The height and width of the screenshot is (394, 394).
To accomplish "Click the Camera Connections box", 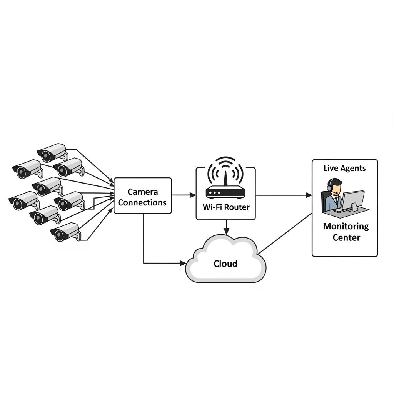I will tap(143, 195).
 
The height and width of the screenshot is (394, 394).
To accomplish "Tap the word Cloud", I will tap(225, 264).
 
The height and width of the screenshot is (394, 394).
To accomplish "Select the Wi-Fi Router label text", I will tap(226, 207).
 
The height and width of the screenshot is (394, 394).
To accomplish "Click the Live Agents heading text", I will tap(344, 168).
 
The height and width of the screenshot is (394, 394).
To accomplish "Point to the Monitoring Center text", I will tap(346, 232).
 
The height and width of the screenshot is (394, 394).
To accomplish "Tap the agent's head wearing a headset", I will tap(334, 187).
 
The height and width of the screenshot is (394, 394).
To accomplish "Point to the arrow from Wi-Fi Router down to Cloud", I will tap(226, 227).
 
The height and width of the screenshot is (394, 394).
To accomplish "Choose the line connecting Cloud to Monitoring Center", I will tap(285, 234).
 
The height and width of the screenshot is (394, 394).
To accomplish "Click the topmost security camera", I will tap(52, 152).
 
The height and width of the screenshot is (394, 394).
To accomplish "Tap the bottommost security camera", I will tap(65, 232).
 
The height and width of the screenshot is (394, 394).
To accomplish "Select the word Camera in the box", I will tap(143, 192).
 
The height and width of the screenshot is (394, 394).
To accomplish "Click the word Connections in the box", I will tap(142, 203).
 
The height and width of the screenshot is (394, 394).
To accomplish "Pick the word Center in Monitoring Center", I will tap(346, 237).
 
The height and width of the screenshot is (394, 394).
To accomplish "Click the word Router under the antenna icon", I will tap(237, 207).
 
